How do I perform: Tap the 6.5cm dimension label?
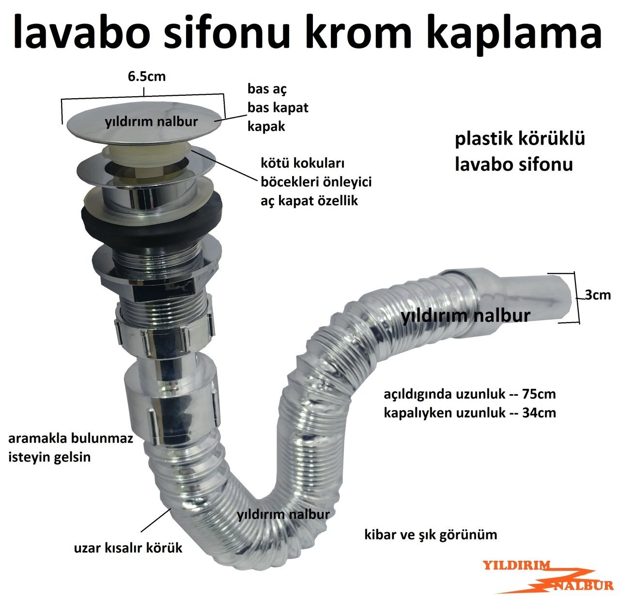[x=146, y=76]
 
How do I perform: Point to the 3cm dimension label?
[x=598, y=295]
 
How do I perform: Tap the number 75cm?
[x=539, y=394]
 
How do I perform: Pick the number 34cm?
[x=539, y=413]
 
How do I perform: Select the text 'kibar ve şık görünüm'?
[x=431, y=535]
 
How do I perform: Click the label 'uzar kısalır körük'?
[x=128, y=548]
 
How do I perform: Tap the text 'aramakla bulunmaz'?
[x=70, y=439]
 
